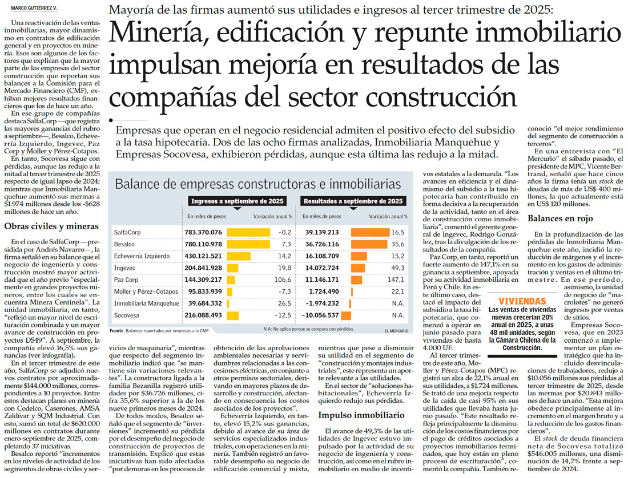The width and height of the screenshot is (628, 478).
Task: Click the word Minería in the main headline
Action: coord(162,33)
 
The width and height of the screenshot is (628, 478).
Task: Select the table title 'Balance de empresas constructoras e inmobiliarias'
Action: coord(258,184)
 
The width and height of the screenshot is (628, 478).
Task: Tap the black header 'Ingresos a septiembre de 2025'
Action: coord(237,201)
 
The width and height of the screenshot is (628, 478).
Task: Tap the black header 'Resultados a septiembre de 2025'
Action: coord(353,201)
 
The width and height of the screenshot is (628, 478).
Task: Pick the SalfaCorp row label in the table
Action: coord(127,232)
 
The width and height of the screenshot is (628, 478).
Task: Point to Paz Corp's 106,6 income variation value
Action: coord(283,280)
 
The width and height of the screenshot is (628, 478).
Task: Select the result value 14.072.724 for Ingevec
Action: coord(322,268)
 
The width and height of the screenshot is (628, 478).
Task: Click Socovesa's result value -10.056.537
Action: coord(321,315)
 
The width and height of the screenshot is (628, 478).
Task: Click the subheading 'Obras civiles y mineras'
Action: coord(49,226)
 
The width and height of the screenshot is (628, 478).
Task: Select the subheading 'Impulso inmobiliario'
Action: coord(361,415)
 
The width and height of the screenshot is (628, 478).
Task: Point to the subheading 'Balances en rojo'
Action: coord(560,218)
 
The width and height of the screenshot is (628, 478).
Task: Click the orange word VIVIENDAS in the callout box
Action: coord(522,301)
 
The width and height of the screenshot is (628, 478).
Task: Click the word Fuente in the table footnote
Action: coord(116,331)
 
